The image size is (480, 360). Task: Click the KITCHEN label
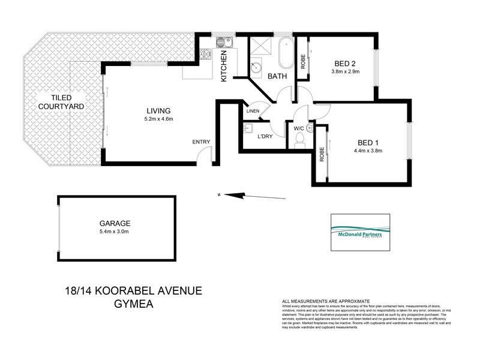[224, 66]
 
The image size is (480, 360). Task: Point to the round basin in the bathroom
[257, 68]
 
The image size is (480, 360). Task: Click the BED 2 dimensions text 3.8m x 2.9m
[345, 72]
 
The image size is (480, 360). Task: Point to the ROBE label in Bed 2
[304, 62]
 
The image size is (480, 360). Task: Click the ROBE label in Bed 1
[322, 155]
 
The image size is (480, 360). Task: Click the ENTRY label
[201, 142]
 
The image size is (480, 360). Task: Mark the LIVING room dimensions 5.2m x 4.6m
[159, 119]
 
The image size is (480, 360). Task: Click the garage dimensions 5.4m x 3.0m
[116, 231]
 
